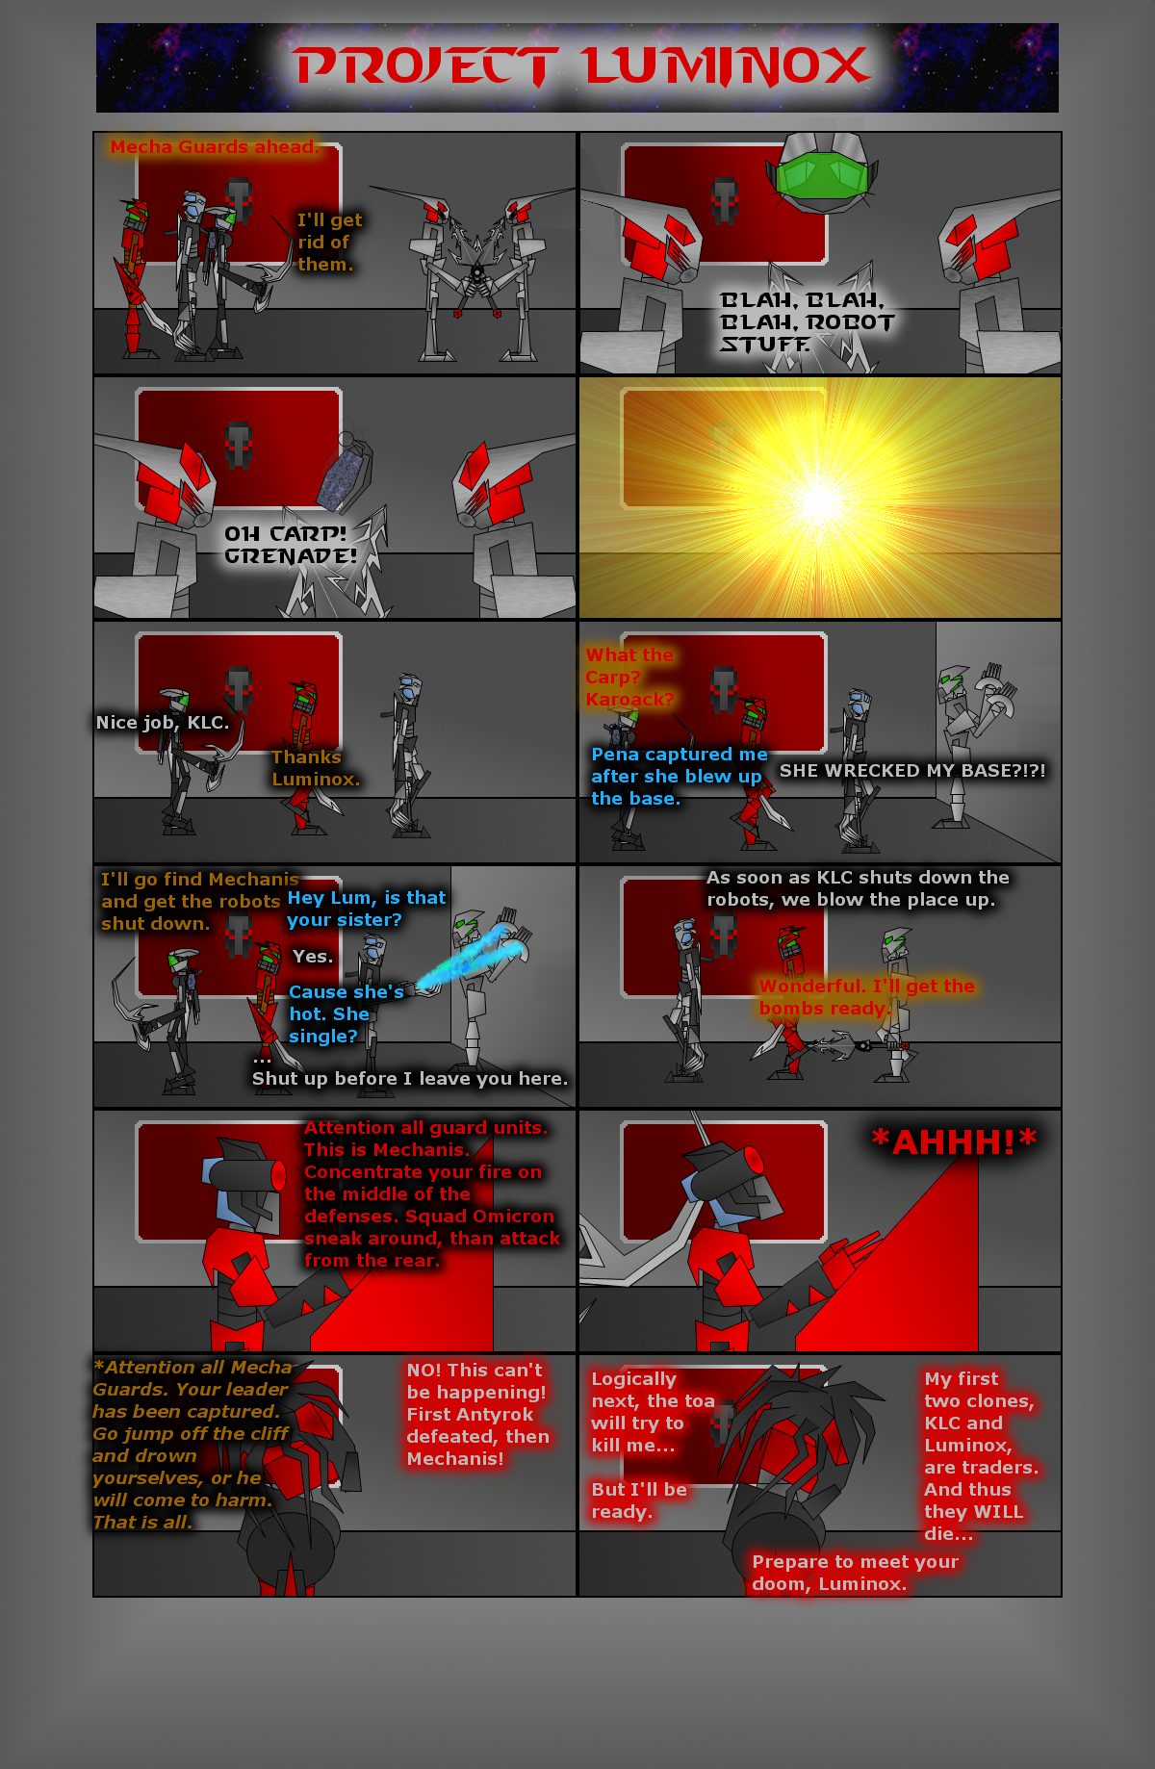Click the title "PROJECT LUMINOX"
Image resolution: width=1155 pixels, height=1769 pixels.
pyautogui.click(x=582, y=66)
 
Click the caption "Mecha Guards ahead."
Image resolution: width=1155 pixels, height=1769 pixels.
pyautogui.click(x=214, y=147)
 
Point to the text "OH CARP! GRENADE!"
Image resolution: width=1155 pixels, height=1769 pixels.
pyautogui.click(x=291, y=545)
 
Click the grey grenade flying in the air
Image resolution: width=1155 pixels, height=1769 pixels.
pyautogui.click(x=344, y=472)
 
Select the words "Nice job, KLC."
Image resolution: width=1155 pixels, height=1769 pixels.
pyautogui.click(x=163, y=723)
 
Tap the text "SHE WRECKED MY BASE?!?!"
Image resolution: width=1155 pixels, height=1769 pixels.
pyautogui.click(x=912, y=770)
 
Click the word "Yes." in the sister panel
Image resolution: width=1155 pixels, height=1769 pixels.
pyautogui.click(x=313, y=956)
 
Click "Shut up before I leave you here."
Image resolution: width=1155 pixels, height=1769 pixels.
pyautogui.click(x=410, y=1079)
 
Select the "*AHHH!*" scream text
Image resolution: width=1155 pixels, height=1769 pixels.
pyautogui.click(x=953, y=1141)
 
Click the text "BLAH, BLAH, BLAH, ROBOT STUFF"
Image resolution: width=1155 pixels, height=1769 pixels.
pyautogui.click(x=807, y=322)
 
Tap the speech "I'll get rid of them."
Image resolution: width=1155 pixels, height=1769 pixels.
pyautogui.click(x=329, y=243)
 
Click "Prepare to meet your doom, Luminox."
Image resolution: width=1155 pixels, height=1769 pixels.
pyautogui.click(x=855, y=1573)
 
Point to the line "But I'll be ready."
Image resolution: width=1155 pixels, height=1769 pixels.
pyautogui.click(x=639, y=1500)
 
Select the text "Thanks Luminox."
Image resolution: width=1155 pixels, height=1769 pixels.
pyautogui.click(x=316, y=768)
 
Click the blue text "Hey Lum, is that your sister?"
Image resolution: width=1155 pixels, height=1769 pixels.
pyautogui.click(x=367, y=909)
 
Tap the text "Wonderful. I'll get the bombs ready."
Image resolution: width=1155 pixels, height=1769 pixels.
pyautogui.click(x=866, y=997)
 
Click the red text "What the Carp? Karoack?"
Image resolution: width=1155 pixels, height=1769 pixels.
pyautogui.click(x=629, y=678)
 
